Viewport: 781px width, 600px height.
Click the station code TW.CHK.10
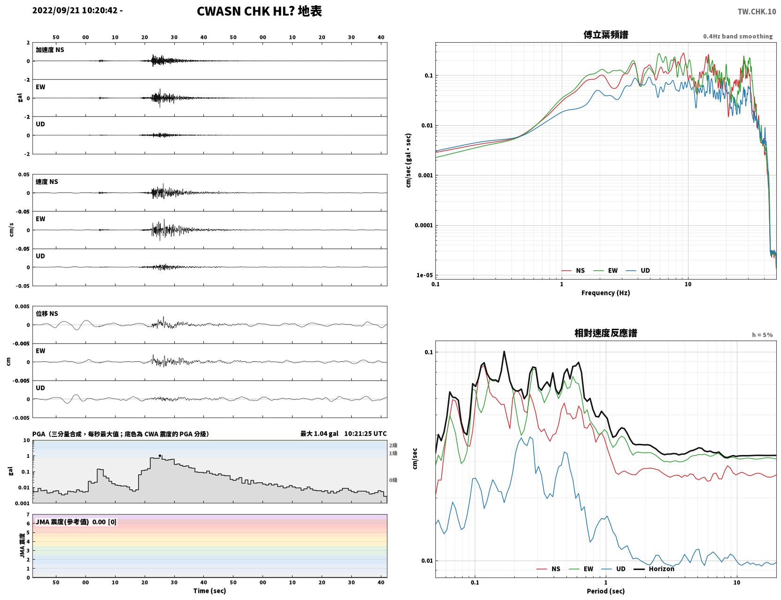click(757, 11)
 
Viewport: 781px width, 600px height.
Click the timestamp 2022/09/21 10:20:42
click(75, 10)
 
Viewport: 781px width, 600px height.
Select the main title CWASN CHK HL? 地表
click(259, 11)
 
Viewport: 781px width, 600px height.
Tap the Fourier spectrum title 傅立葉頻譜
click(606, 35)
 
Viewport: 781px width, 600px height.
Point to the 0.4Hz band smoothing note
click(738, 36)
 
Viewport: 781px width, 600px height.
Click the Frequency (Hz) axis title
click(606, 293)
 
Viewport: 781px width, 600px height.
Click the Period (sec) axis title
click(606, 591)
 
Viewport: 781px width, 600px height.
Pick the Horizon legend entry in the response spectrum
click(654, 569)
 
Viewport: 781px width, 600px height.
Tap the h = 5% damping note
click(762, 335)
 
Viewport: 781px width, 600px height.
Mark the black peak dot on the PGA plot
click(160, 456)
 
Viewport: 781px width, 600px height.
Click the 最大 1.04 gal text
click(319, 433)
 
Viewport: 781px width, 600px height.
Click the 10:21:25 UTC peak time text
click(365, 433)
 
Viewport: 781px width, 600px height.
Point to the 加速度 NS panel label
click(50, 50)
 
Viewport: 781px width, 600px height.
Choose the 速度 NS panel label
click(46, 182)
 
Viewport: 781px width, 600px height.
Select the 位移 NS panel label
click(46, 314)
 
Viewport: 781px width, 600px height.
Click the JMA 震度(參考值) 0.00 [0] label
click(76, 522)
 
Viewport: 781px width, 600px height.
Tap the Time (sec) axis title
click(209, 591)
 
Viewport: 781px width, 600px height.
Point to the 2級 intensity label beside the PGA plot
click(393, 445)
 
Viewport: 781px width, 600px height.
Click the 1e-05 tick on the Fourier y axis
click(425, 275)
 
